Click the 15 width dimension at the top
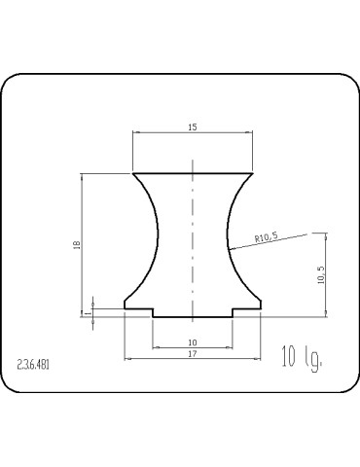(193, 127)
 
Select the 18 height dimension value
(77, 245)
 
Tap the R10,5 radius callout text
(267, 237)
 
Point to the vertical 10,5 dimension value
(321, 275)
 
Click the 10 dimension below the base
(193, 342)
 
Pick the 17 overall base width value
(193, 354)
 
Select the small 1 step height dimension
(88, 313)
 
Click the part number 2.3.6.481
(33, 365)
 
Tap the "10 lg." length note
(303, 358)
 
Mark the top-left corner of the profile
(133, 173)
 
